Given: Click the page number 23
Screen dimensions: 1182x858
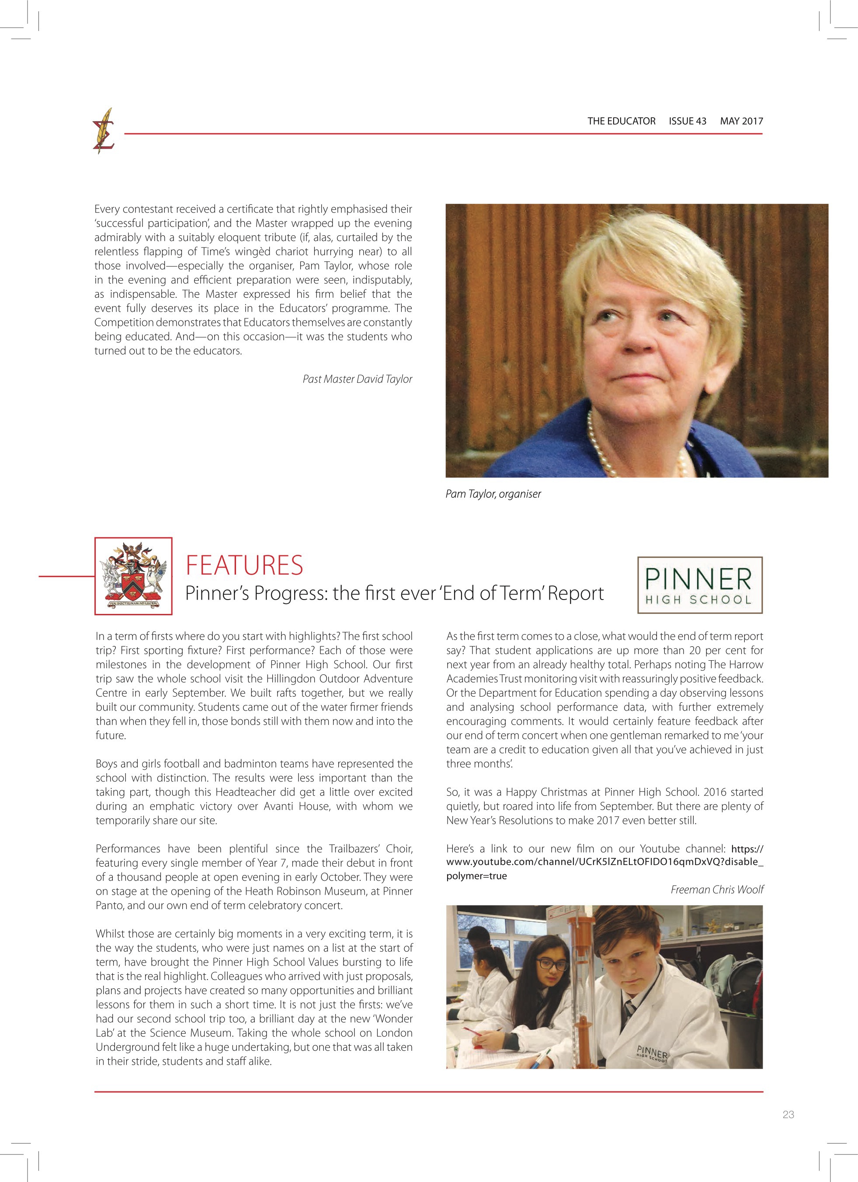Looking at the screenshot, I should [788, 1129].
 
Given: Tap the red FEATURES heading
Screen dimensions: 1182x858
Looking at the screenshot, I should [244, 565].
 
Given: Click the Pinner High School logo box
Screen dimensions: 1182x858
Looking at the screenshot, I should [700, 585].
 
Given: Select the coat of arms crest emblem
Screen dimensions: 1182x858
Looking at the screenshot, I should [133, 575].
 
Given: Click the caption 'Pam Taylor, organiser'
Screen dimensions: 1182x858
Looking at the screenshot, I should [493, 494].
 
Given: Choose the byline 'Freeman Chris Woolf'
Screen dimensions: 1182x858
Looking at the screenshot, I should [717, 889].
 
